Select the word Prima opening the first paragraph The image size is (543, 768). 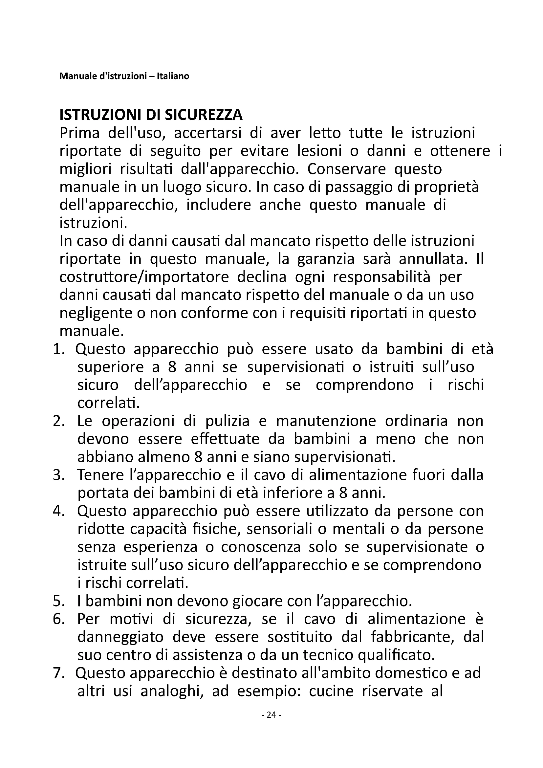(x=79, y=133)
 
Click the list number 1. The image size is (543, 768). (x=58, y=350)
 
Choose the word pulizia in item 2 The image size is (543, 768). (x=228, y=422)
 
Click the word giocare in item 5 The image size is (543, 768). (x=254, y=602)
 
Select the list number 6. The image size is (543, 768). (x=58, y=620)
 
